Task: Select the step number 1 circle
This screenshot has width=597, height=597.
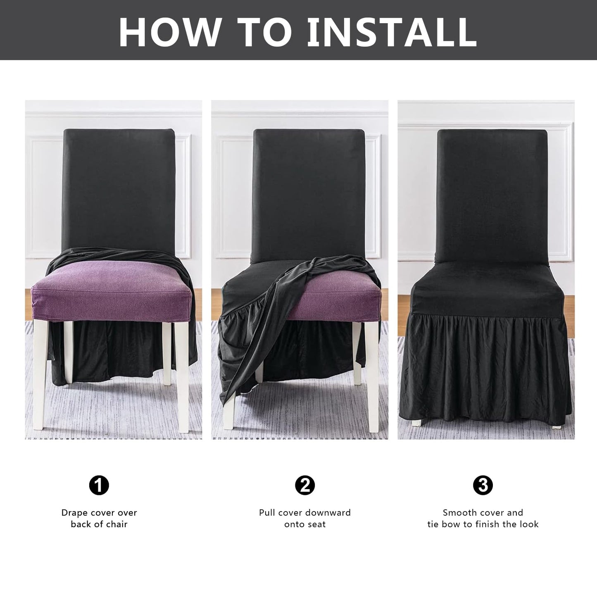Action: (99, 485)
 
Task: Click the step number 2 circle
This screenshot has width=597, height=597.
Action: (305, 485)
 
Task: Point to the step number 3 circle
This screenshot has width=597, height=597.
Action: (483, 485)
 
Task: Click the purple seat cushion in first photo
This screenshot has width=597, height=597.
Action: (112, 289)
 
